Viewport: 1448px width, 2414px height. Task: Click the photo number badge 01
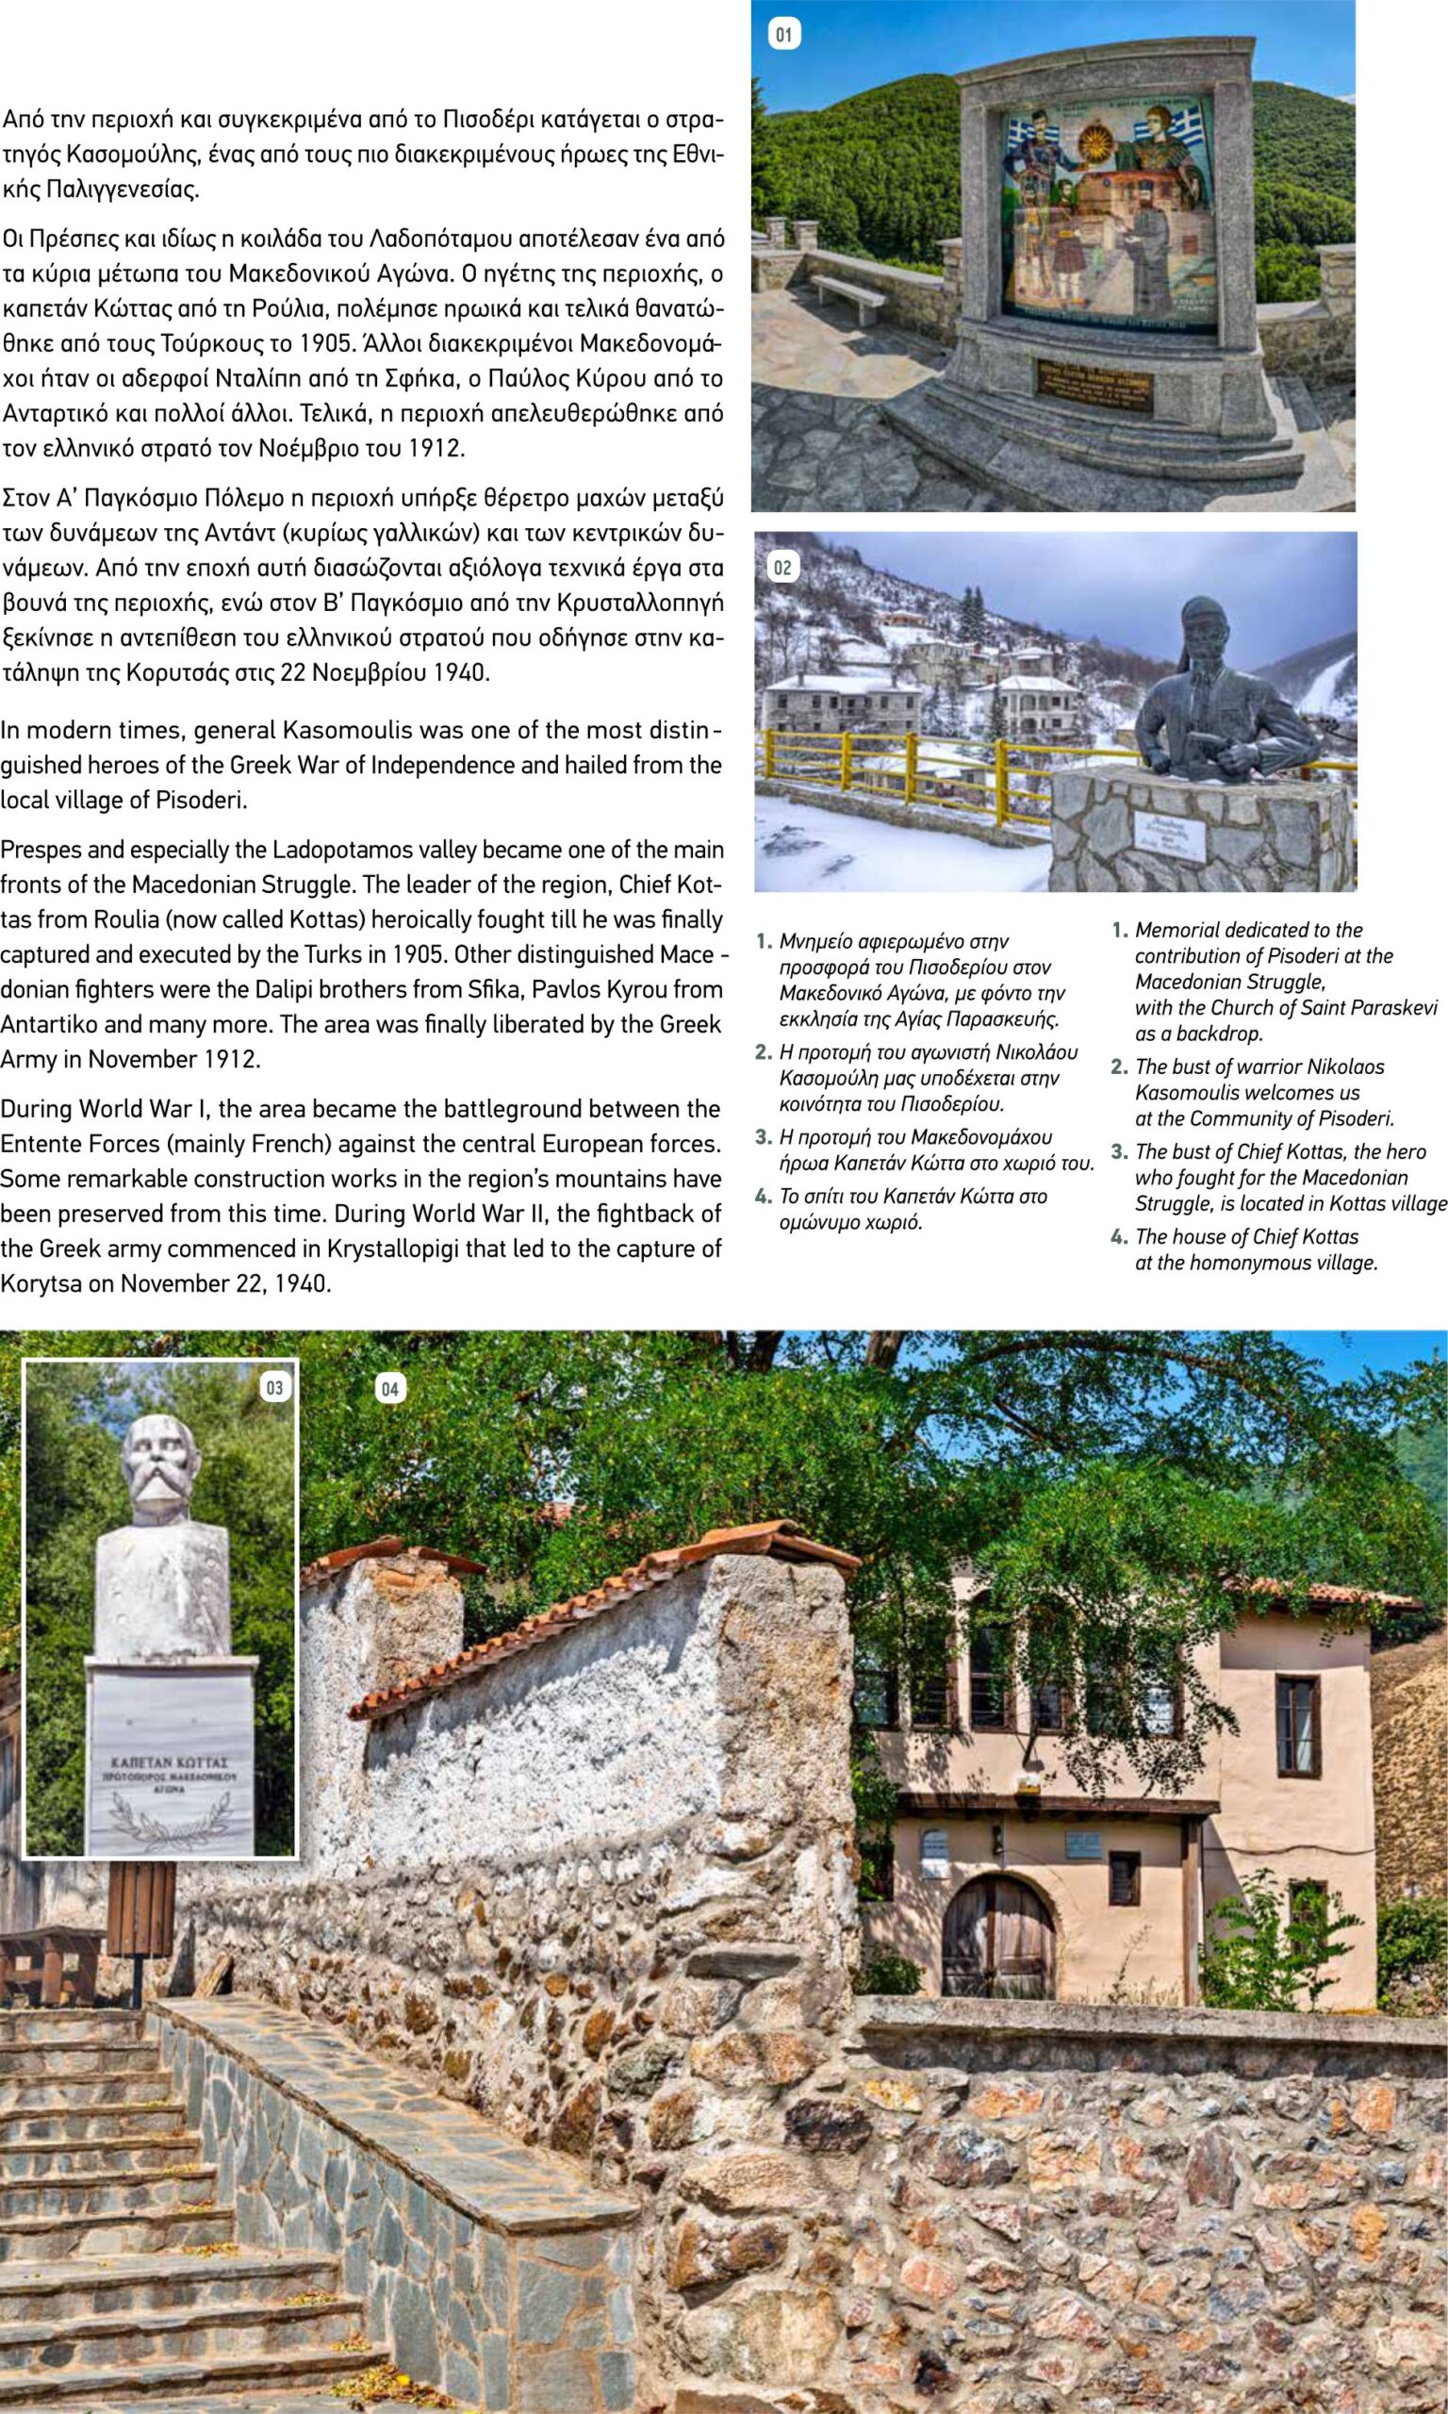click(783, 36)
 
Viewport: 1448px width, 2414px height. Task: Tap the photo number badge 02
click(782, 567)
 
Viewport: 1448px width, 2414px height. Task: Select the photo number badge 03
click(274, 1387)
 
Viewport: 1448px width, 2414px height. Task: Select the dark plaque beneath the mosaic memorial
click(1093, 386)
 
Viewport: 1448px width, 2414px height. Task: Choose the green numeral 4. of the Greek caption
click(763, 1197)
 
